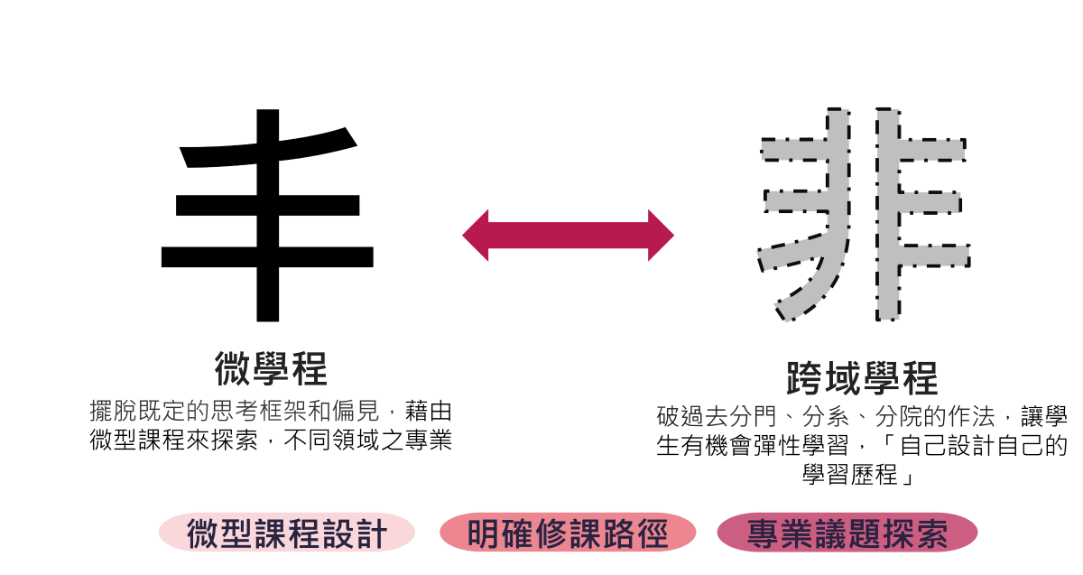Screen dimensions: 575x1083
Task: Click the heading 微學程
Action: click(271, 368)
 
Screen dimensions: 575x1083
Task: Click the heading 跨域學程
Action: click(862, 378)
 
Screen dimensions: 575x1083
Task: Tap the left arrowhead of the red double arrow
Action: click(475, 236)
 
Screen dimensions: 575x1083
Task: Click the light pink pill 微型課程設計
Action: click(287, 533)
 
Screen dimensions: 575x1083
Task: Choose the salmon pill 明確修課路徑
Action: click(568, 533)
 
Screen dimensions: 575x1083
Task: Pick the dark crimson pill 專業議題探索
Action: click(847, 533)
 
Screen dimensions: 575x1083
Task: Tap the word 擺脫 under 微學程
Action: click(113, 412)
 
